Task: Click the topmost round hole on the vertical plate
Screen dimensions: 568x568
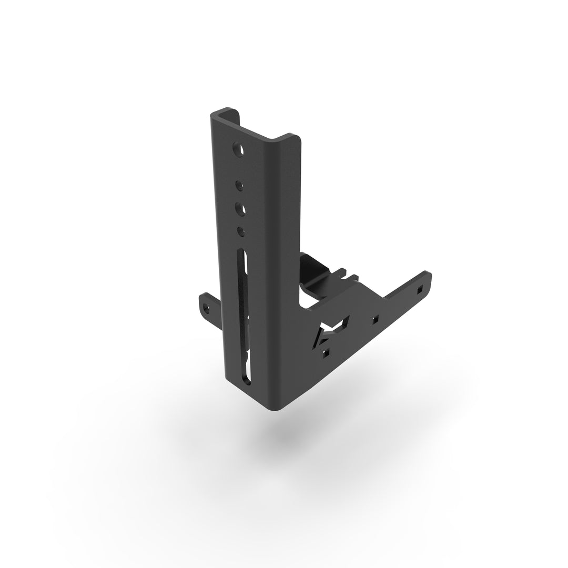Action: pos(239,149)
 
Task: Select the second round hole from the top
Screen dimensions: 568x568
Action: pos(239,185)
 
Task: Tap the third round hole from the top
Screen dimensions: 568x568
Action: pos(240,208)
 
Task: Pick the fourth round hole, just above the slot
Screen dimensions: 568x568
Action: pos(241,230)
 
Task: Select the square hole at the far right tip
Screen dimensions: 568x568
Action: pos(419,289)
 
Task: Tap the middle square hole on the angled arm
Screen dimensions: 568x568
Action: pos(375,319)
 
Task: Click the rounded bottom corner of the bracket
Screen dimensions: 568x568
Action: pos(276,409)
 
